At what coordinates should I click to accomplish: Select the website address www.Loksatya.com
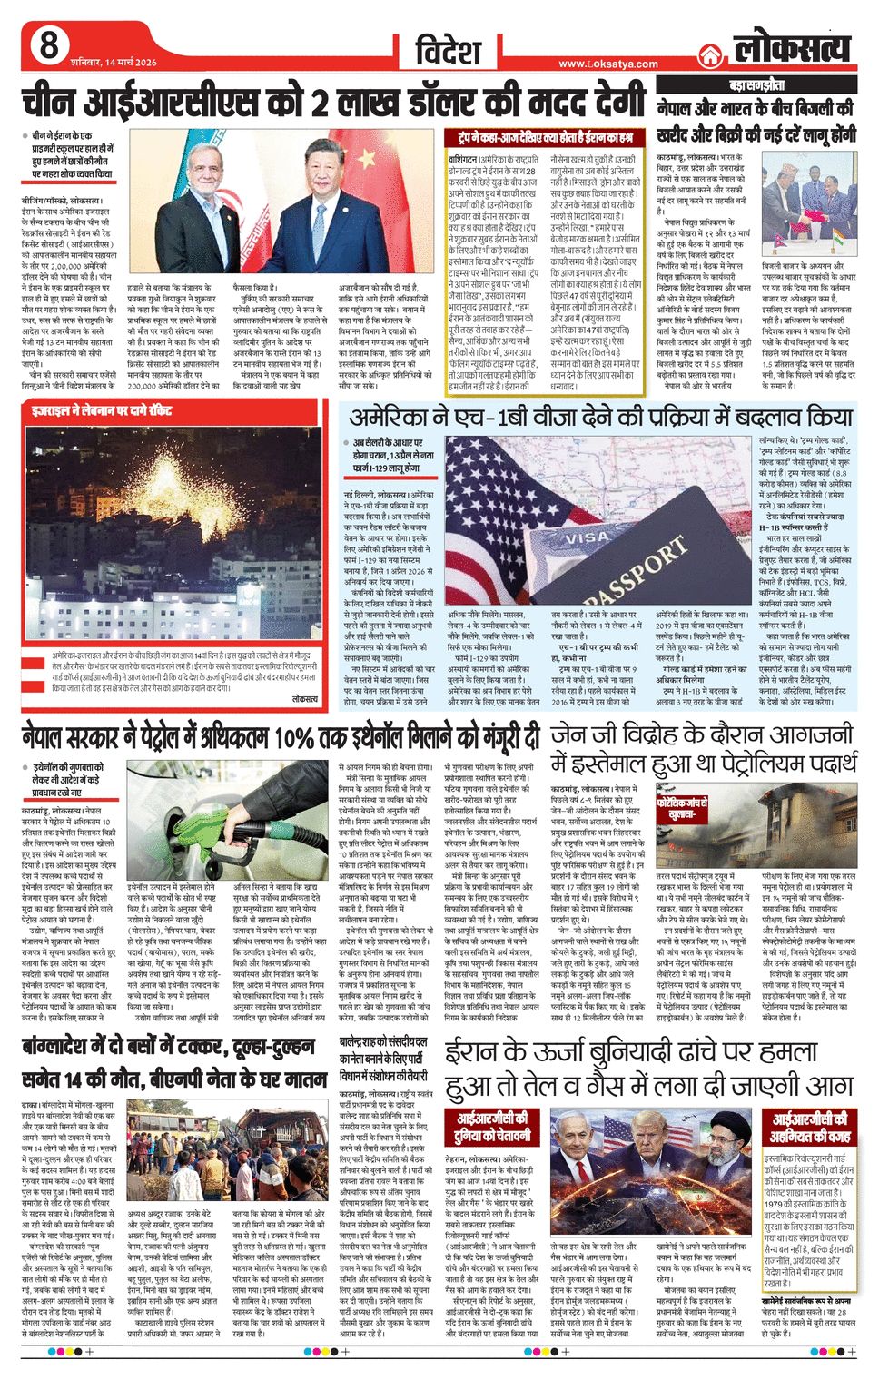pos(607,64)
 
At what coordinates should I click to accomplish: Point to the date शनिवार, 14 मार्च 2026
pos(113,62)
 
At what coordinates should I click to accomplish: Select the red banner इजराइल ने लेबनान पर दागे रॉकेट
pos(101,410)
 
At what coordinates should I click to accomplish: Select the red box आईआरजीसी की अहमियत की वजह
pos(810,1127)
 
